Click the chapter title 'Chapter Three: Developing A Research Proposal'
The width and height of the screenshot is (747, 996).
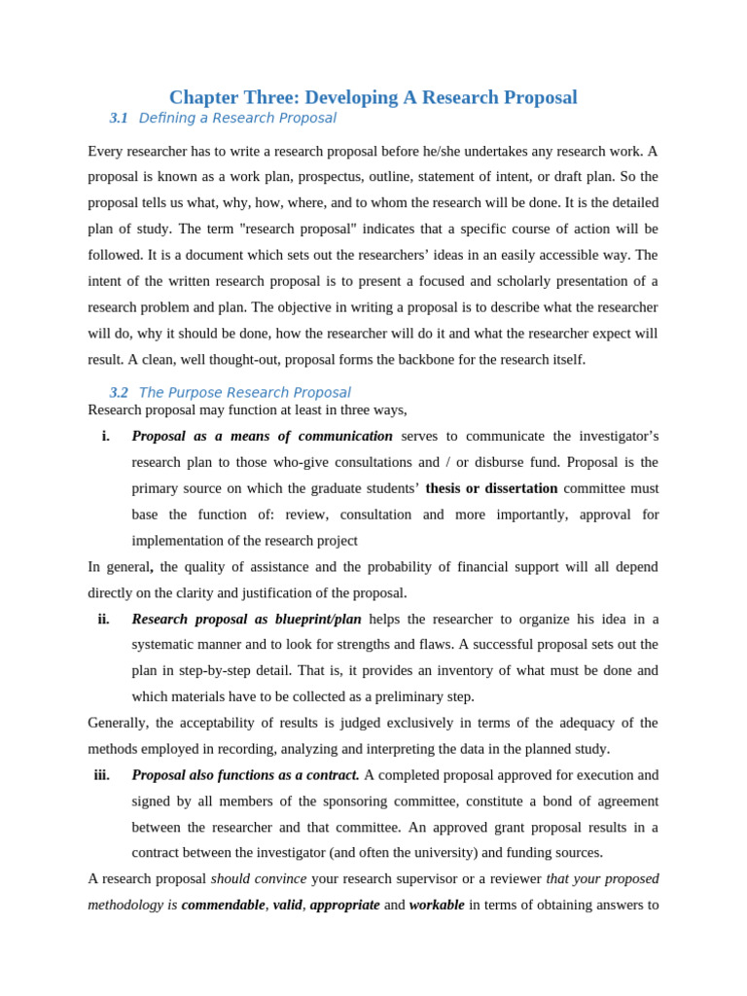click(373, 97)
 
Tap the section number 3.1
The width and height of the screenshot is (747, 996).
click(119, 119)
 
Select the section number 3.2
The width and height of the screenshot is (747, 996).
click(119, 393)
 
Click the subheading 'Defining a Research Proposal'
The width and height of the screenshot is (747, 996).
click(237, 119)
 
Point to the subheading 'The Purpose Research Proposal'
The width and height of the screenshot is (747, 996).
click(244, 393)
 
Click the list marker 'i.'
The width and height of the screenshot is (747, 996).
click(106, 437)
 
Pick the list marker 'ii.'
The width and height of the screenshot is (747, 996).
click(104, 620)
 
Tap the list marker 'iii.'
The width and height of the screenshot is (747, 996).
click(102, 775)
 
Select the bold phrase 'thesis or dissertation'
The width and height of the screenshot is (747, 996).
click(491, 488)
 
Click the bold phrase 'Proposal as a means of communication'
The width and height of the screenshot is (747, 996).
click(262, 437)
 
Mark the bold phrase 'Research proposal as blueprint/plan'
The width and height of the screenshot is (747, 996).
click(246, 620)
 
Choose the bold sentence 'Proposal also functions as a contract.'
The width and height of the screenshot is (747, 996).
click(245, 775)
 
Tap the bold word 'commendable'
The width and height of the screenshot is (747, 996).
click(223, 906)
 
